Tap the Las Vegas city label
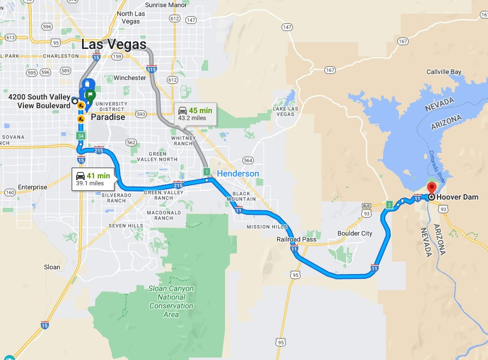[114, 44]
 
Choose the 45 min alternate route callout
[194, 114]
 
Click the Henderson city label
[238, 173]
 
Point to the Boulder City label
[355, 233]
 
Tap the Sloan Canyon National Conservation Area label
[171, 301]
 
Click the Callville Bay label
[443, 72]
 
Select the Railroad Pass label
[296, 239]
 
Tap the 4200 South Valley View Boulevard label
[39, 101]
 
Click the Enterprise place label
[33, 187]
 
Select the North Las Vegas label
[132, 17]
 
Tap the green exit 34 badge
[81, 135]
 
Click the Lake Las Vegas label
[284, 111]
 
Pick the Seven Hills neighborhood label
[126, 225]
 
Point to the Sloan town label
[52, 267]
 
